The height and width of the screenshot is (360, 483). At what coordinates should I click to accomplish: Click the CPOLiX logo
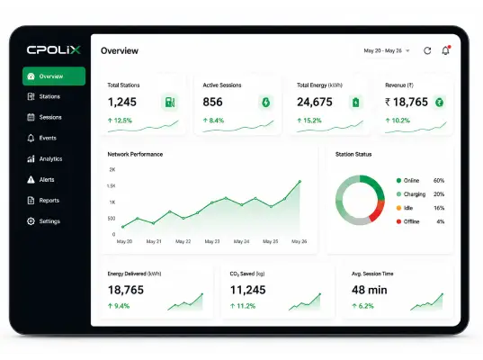coord(54,49)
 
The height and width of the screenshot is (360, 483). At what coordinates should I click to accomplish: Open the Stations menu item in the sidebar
coord(44,96)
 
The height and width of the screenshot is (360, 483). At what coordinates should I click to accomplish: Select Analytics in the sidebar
coord(45,158)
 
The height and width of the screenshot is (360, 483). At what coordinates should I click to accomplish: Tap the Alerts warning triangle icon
coord(31,179)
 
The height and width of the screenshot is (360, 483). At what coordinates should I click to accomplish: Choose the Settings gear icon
coord(31,221)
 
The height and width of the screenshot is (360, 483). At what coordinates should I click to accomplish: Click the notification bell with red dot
coord(446,50)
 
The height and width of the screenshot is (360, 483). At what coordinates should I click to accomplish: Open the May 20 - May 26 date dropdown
coord(387,50)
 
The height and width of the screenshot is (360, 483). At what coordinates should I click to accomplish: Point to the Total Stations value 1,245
coord(122,102)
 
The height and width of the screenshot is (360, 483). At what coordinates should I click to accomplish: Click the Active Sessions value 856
coord(212,102)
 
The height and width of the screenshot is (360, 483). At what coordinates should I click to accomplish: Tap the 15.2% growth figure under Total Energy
coord(312,121)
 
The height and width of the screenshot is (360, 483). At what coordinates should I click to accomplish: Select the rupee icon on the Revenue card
coord(439,103)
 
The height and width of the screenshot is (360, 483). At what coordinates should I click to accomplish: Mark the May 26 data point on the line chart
coord(300,182)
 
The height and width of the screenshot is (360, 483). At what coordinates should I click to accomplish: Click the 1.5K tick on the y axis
coord(111,186)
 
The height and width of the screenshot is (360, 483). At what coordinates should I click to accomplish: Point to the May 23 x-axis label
coord(212,241)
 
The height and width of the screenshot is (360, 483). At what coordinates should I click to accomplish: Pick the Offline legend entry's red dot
coord(398,221)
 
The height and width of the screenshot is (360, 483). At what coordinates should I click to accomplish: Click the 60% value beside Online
coord(439,180)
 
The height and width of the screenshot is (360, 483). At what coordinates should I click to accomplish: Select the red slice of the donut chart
coord(377,211)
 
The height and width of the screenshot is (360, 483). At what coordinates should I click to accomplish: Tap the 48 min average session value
coord(370,290)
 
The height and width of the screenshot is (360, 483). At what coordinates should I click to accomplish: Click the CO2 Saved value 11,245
coord(247,290)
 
